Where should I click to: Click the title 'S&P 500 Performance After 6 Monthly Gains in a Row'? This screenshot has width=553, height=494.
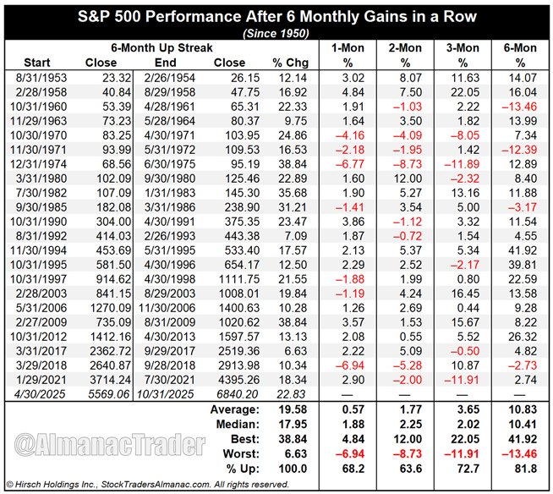click(x=276, y=15)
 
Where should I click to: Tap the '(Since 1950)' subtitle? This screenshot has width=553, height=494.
click(x=276, y=32)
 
